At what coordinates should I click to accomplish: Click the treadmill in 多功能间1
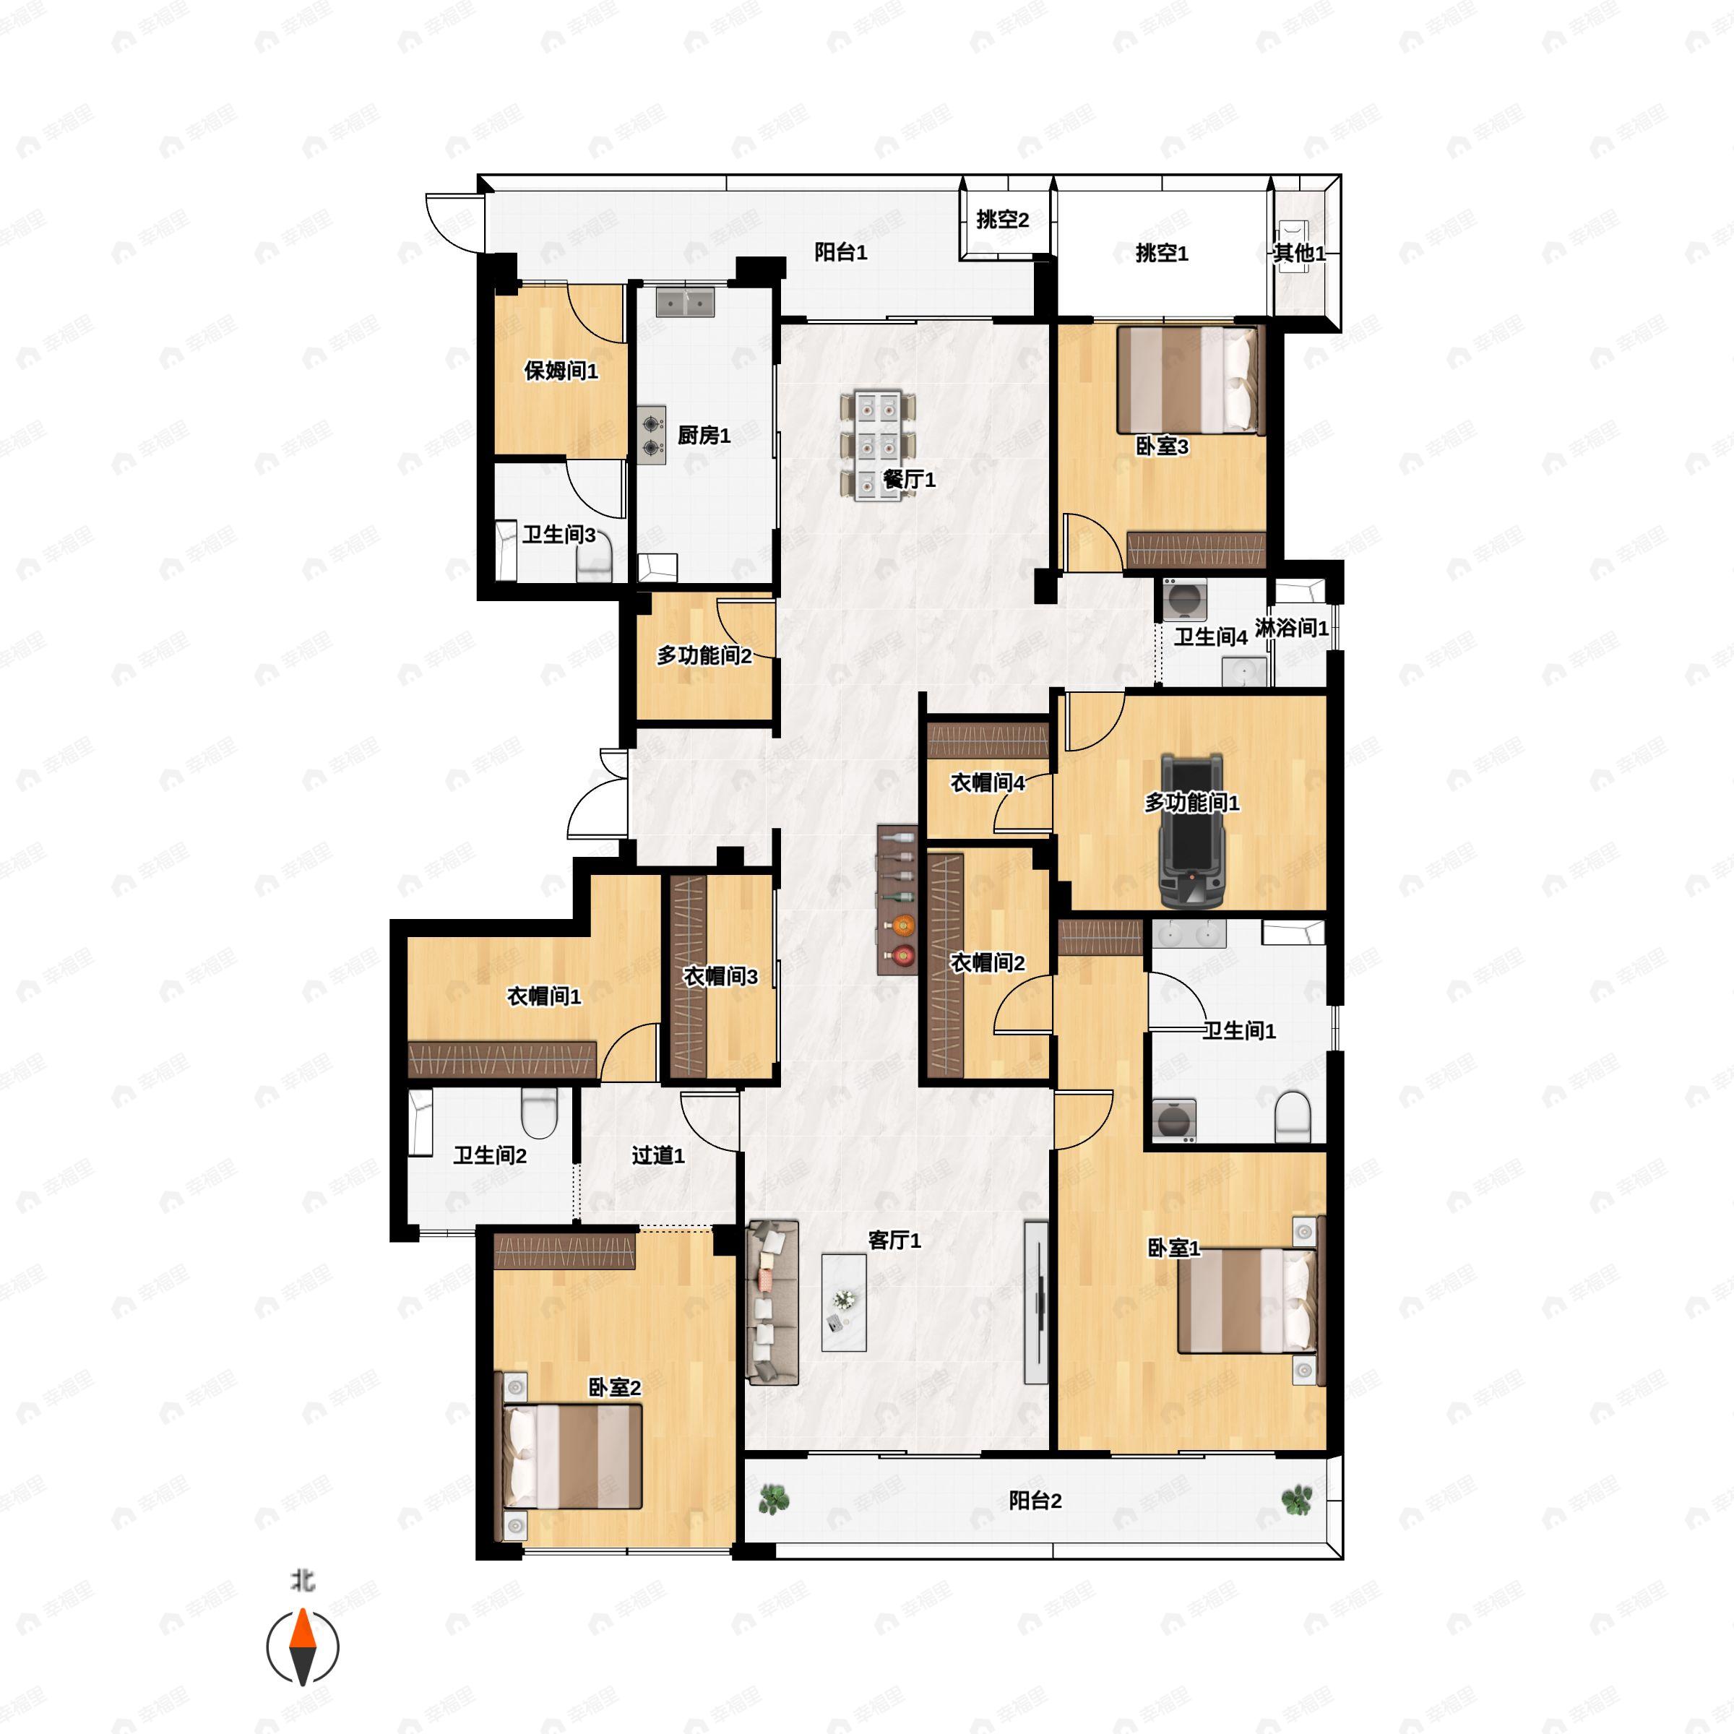(1192, 831)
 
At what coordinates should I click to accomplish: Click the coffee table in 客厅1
(844, 1301)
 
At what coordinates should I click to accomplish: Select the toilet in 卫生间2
(540, 1114)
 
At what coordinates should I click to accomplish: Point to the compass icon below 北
(303, 1647)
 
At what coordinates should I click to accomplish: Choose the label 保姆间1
(561, 371)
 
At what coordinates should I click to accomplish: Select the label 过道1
(658, 1155)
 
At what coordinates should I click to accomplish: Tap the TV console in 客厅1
(1036, 1302)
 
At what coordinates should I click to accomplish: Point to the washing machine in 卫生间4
(1185, 599)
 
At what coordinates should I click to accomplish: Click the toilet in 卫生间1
(1293, 1116)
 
